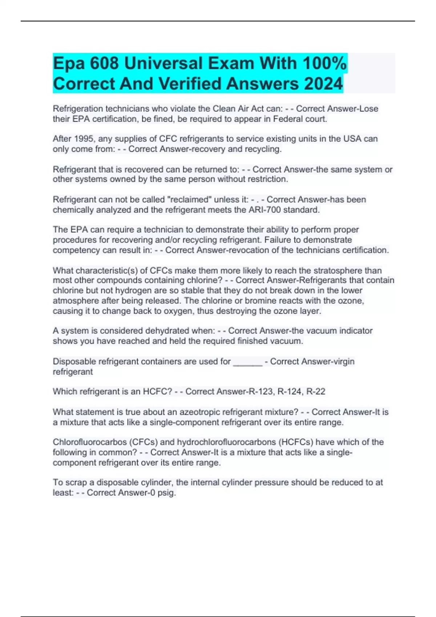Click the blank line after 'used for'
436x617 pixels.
[x=247, y=362]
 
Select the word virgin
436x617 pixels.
[x=342, y=361]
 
